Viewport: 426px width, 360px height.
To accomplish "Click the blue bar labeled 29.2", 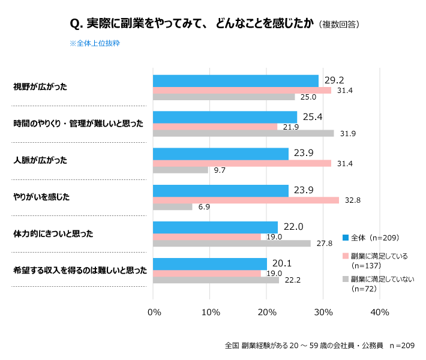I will tap(235, 81).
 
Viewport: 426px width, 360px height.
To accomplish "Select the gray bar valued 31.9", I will tap(243, 133).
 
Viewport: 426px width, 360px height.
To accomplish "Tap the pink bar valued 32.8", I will tap(245, 200).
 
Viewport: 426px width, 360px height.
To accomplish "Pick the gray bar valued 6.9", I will tap(172, 207).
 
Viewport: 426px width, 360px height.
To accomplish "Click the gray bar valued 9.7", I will tap(180, 170).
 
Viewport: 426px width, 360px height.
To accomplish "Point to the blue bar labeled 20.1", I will tap(209, 264).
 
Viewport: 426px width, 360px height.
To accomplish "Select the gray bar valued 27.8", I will tap(232, 243).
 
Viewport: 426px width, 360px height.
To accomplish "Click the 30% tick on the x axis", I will tap(323, 313).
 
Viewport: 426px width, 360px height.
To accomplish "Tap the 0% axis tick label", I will tap(154, 313).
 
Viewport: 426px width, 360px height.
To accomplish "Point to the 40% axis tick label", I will tap(380, 313).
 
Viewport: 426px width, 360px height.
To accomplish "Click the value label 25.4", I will tap(311, 116).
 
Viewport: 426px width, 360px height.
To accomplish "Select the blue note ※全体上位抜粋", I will tap(95, 43).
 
